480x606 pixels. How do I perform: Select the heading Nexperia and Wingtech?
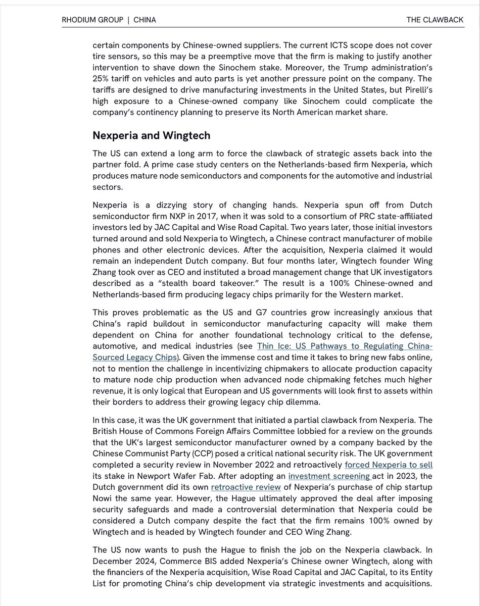pyautogui.click(x=151, y=135)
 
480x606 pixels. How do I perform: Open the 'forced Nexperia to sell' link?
pyautogui.click(x=389, y=464)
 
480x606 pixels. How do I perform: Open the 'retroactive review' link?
pyautogui.click(x=246, y=487)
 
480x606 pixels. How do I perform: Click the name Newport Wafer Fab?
pyautogui.click(x=165, y=476)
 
